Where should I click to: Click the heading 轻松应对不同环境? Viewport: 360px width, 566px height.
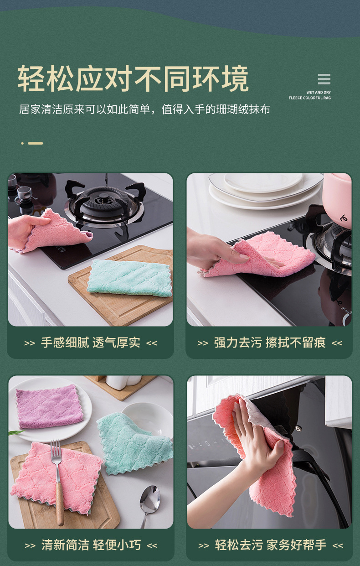[x=133, y=79]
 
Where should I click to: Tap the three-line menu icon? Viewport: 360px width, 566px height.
[x=324, y=79]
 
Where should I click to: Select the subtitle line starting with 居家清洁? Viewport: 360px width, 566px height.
[x=144, y=110]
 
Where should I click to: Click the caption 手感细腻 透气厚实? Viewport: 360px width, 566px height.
[x=90, y=343]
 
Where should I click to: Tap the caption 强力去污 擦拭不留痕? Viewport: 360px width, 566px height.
[x=270, y=343]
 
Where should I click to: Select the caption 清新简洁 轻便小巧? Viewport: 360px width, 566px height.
[x=91, y=545]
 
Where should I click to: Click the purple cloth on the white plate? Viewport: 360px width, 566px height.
[x=49, y=407]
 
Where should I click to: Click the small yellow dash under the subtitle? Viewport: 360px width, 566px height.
[x=36, y=143]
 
